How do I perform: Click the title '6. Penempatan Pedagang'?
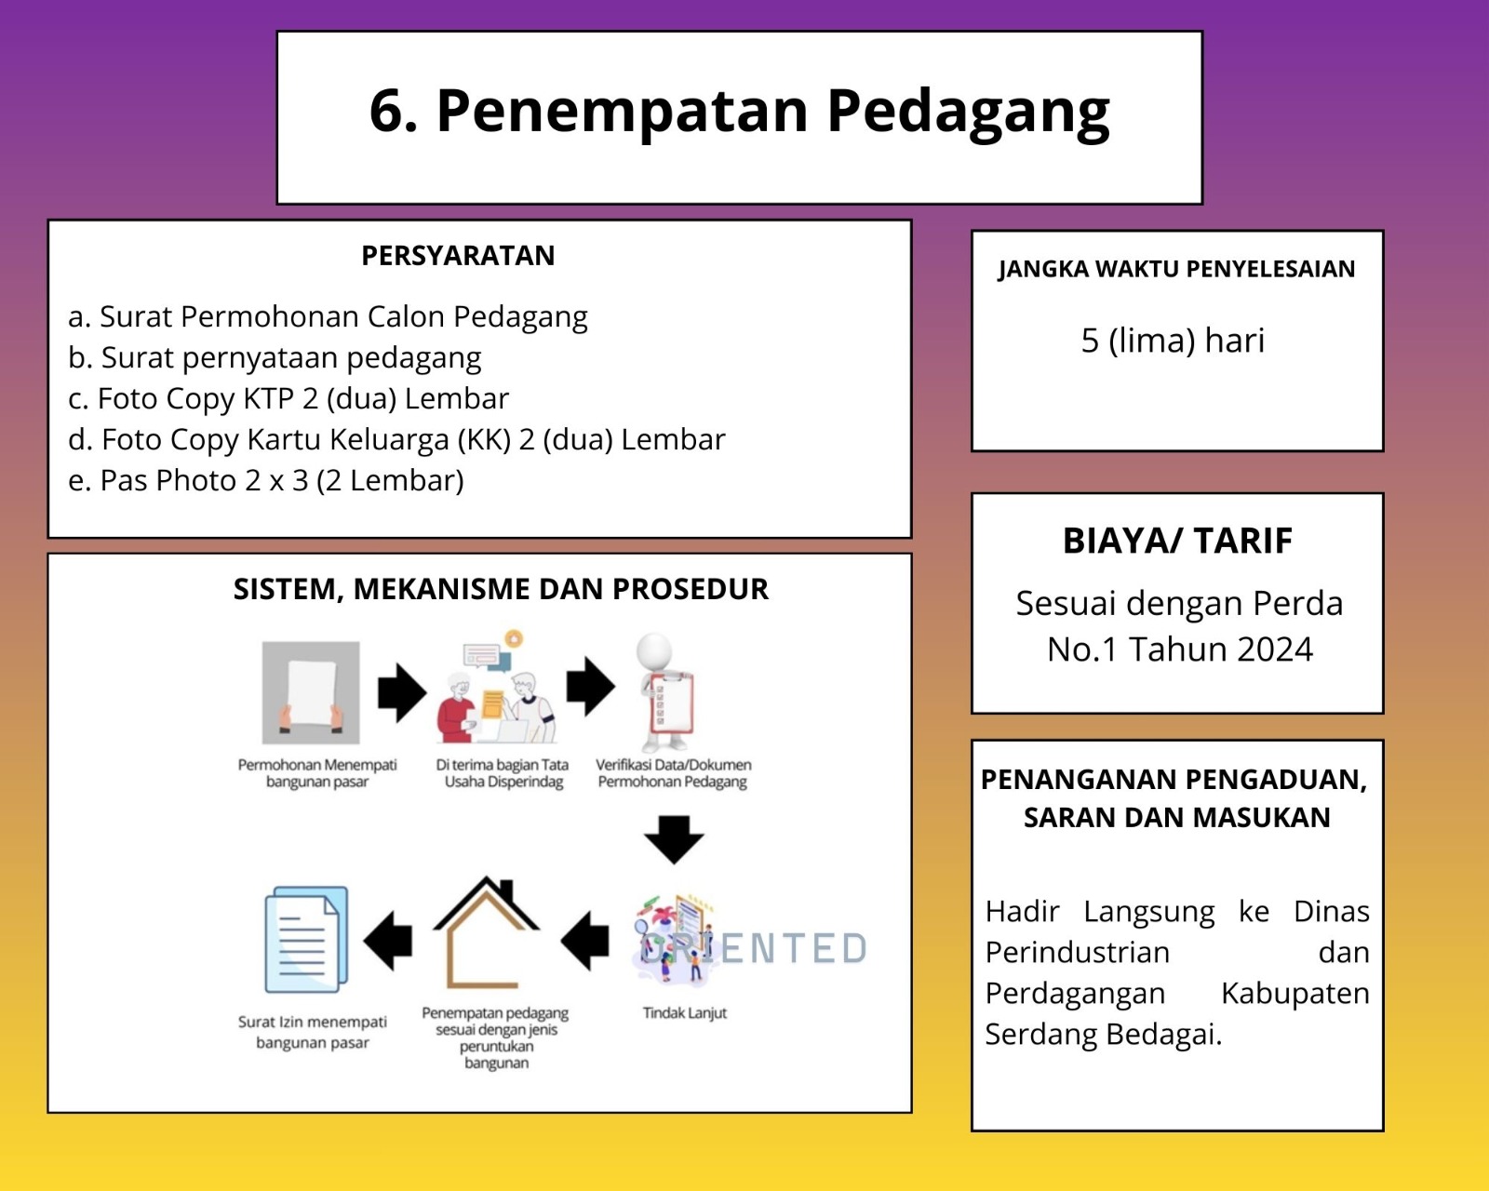(x=739, y=112)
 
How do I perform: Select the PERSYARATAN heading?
(x=458, y=256)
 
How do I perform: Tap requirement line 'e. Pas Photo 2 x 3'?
(x=266, y=481)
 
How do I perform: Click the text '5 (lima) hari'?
(x=1173, y=341)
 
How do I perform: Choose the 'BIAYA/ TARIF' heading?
(x=1177, y=542)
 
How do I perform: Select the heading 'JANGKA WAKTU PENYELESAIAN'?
(x=1176, y=270)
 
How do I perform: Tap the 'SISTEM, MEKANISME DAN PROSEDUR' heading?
(x=501, y=590)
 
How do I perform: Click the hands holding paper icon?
(x=311, y=692)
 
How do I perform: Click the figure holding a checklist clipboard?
(x=664, y=693)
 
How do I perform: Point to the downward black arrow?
(x=674, y=838)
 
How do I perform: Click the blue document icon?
(x=307, y=940)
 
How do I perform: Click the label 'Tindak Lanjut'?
(x=684, y=1013)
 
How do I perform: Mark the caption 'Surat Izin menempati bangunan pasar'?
(x=313, y=1033)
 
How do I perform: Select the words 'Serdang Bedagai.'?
(x=1104, y=1035)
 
